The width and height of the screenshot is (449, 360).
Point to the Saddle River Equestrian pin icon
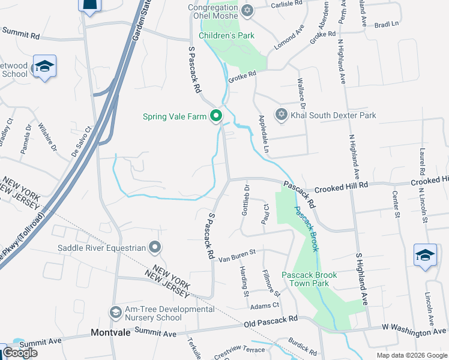tap(155, 247)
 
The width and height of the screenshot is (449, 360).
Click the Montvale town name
tap(110, 332)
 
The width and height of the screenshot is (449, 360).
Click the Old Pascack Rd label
tap(271, 323)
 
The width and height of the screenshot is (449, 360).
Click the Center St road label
tap(396, 203)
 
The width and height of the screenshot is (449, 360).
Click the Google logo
tap(20, 353)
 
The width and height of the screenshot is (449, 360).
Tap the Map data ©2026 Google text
tap(411, 355)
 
